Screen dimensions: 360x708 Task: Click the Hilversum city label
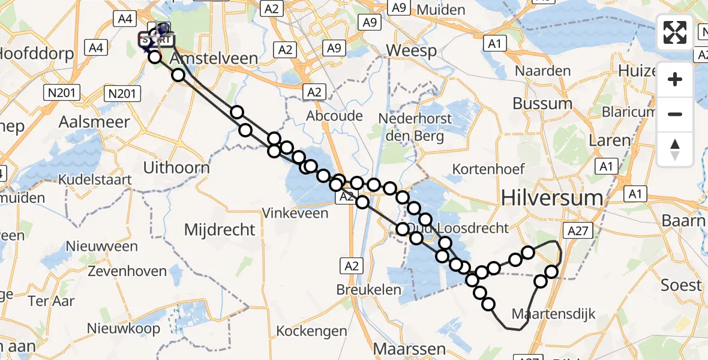click(x=551, y=197)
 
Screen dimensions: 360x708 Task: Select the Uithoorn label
click(x=176, y=167)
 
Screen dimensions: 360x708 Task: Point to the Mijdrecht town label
click(x=220, y=229)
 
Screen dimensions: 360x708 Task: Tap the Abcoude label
click(x=334, y=115)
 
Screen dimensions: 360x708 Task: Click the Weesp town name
click(x=411, y=50)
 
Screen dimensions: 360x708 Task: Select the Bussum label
click(x=542, y=103)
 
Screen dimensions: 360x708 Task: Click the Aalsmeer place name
click(x=94, y=122)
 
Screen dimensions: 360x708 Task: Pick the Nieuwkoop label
click(x=124, y=328)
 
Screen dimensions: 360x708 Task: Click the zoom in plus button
click(x=675, y=79)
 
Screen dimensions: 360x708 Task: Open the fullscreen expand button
click(x=675, y=32)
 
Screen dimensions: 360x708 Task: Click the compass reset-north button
click(x=675, y=149)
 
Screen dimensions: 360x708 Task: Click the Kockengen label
click(x=312, y=331)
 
